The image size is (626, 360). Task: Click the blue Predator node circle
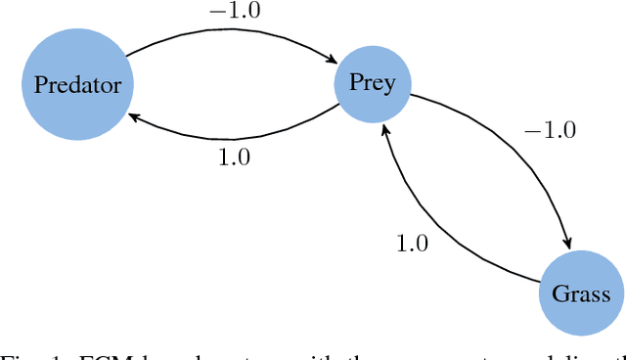pyautogui.click(x=77, y=83)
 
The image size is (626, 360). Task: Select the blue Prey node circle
pyautogui.click(x=373, y=82)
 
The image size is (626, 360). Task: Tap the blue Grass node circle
pyautogui.click(x=581, y=293)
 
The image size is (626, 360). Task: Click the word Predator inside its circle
pyautogui.click(x=77, y=84)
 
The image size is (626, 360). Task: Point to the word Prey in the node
pyautogui.click(x=373, y=82)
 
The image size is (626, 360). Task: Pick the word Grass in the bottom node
pyautogui.click(x=581, y=294)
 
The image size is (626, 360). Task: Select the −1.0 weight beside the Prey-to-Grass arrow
pyautogui.click(x=550, y=130)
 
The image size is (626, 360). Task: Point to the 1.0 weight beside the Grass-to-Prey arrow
pyautogui.click(x=412, y=244)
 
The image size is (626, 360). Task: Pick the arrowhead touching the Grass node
pyautogui.click(x=566, y=244)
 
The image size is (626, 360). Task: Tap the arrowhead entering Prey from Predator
pyautogui.click(x=329, y=63)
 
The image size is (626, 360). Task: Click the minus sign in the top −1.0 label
pyautogui.click(x=217, y=11)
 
